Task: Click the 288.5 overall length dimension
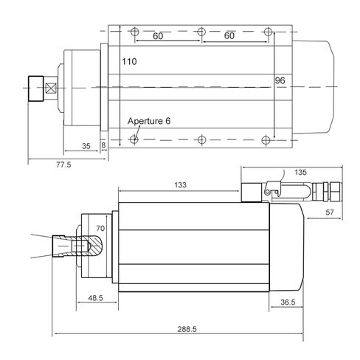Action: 187,329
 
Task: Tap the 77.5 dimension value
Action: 63,165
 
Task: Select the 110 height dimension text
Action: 129,61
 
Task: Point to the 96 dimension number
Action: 280,80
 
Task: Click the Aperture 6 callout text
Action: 149,121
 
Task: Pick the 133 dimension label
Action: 180,185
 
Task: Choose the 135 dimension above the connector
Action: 300,172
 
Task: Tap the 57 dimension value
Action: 330,212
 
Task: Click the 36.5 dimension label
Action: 288,302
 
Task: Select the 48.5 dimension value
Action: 95,298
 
